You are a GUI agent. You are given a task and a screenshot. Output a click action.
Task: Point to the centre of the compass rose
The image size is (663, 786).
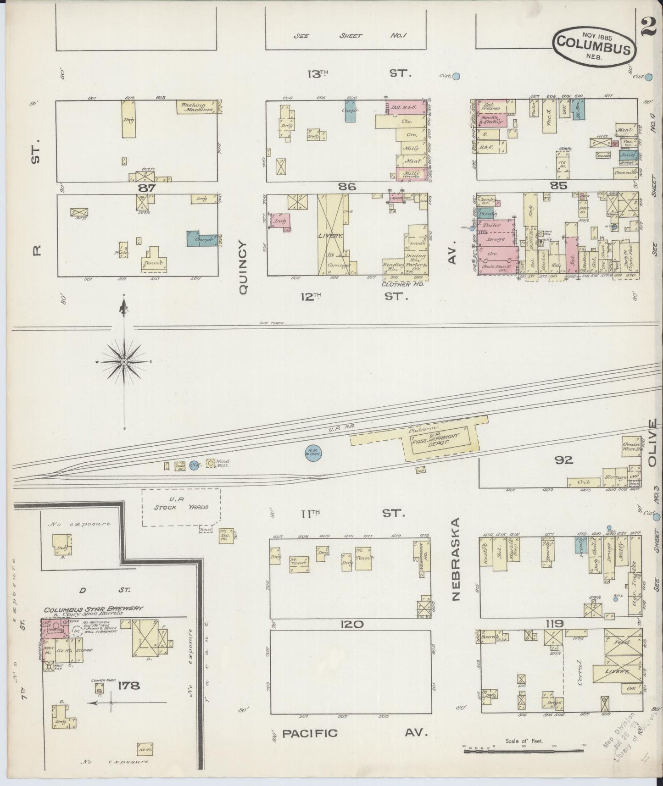(x=123, y=362)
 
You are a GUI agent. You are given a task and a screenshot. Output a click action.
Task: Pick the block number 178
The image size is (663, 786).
(x=128, y=686)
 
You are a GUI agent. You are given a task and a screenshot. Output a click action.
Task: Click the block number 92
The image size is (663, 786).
(x=563, y=460)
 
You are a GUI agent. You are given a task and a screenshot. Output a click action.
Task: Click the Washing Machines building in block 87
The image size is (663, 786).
(x=197, y=107)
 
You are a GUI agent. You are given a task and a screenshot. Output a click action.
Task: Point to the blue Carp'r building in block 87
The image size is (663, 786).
(x=202, y=238)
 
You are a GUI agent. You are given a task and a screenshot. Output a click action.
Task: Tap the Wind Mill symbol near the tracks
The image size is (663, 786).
(x=211, y=464)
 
